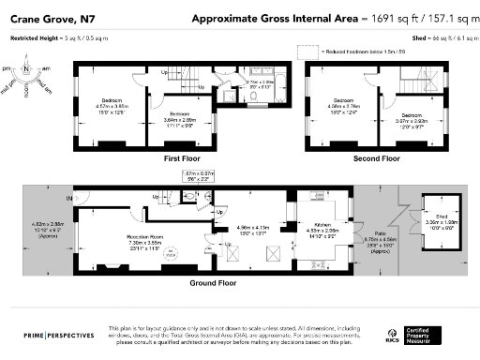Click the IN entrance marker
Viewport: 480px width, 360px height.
[67, 199]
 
